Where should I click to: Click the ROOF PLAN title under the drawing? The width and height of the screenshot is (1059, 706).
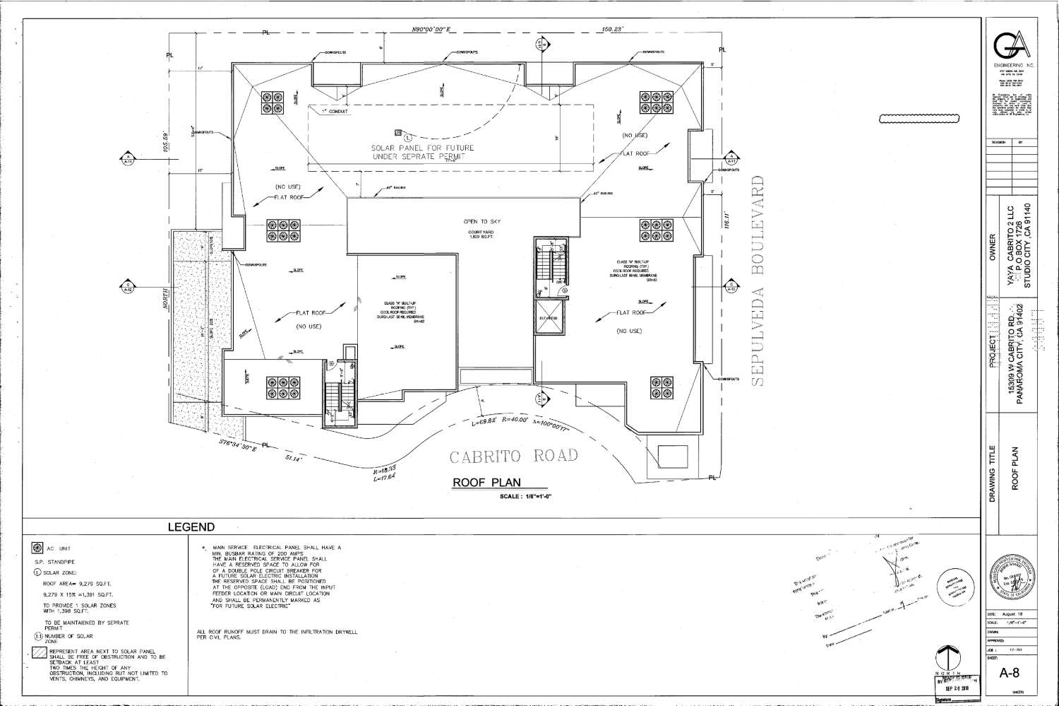(x=486, y=483)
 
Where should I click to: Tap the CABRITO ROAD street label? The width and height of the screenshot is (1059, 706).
(x=514, y=457)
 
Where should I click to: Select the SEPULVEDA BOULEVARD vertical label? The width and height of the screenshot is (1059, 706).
(x=759, y=286)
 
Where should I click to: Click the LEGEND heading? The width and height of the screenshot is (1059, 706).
(x=191, y=527)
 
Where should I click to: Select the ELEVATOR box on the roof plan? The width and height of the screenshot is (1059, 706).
(x=549, y=319)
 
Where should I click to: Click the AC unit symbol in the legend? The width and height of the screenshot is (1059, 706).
(x=37, y=548)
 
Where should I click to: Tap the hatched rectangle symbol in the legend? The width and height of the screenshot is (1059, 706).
(x=38, y=653)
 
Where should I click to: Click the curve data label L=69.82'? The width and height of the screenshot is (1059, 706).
(x=486, y=422)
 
